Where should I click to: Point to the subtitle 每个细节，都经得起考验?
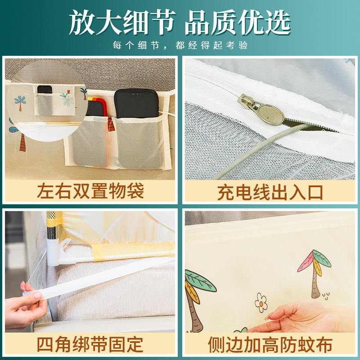click(180, 45)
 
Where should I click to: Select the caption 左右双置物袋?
click(90, 191)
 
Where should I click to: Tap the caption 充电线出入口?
click(270, 192)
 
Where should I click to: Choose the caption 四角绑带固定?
click(90, 345)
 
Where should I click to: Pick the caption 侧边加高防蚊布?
click(270, 345)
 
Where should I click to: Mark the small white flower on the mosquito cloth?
click(261, 303)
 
